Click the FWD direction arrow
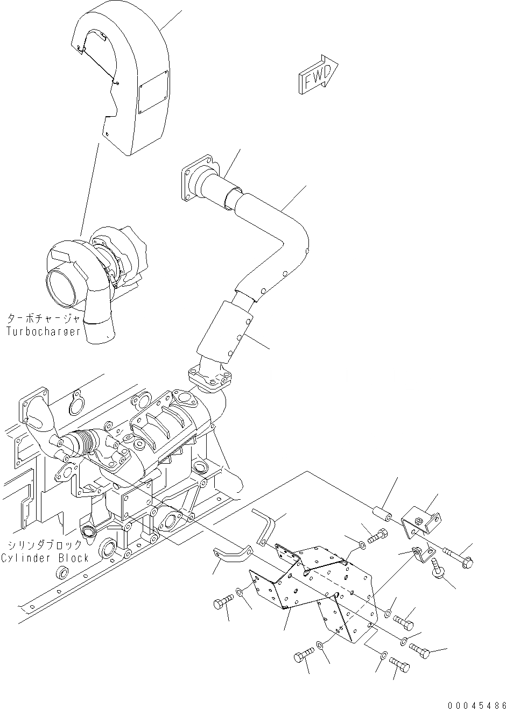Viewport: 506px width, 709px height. [318, 76]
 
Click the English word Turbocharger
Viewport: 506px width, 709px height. [44, 331]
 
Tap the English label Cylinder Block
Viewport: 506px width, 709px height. [45, 558]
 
